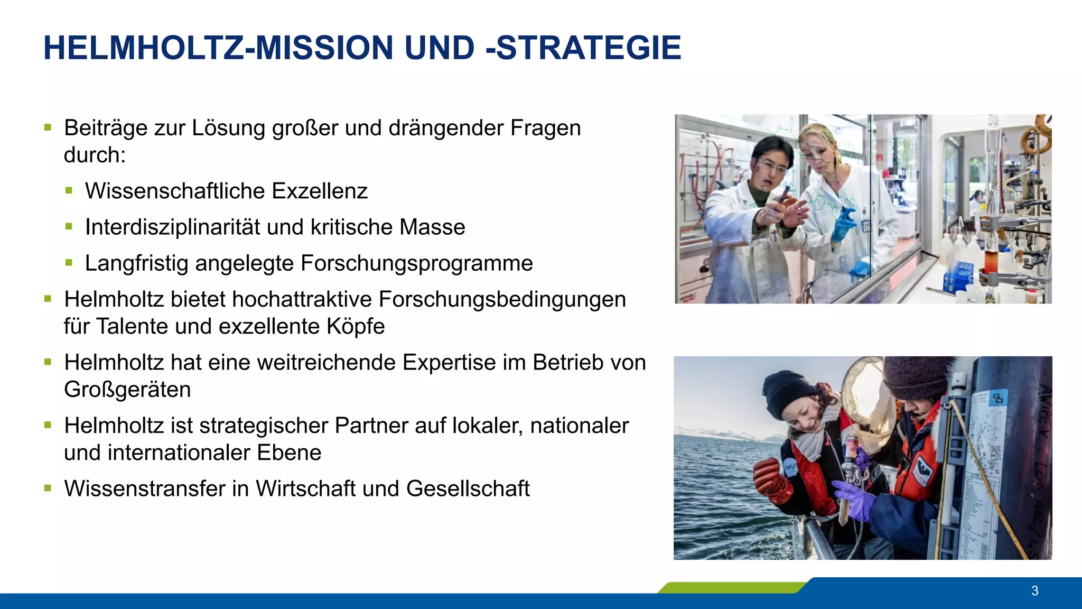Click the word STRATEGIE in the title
589,48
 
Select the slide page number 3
1034,590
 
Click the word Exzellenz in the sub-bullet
319,191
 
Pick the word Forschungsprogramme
417,263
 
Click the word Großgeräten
127,390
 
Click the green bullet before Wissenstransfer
48,488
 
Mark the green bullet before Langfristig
69,262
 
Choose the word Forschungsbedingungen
502,300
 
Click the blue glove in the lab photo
844,224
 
